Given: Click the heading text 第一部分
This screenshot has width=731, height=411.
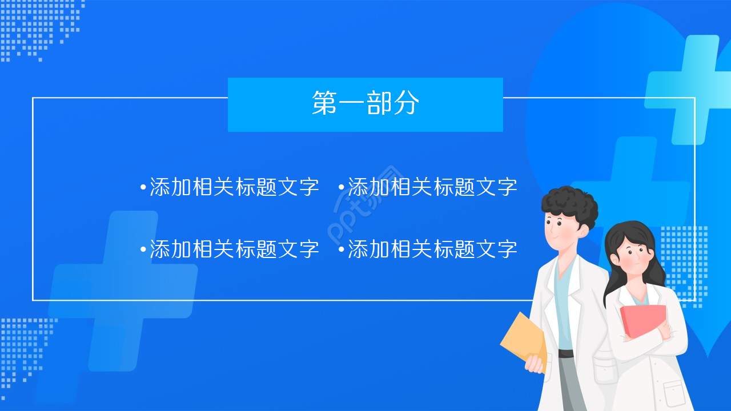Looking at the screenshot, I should [x=365, y=104].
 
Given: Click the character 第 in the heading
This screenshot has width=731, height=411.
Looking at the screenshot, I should [x=324, y=104].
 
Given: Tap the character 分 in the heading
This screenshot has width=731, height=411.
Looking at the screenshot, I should [x=407, y=104].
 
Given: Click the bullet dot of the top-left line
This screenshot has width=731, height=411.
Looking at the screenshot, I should [x=143, y=187].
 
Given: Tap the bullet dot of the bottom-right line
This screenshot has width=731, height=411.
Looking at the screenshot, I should [x=342, y=249].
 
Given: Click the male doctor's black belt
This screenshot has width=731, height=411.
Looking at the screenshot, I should [x=565, y=353].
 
